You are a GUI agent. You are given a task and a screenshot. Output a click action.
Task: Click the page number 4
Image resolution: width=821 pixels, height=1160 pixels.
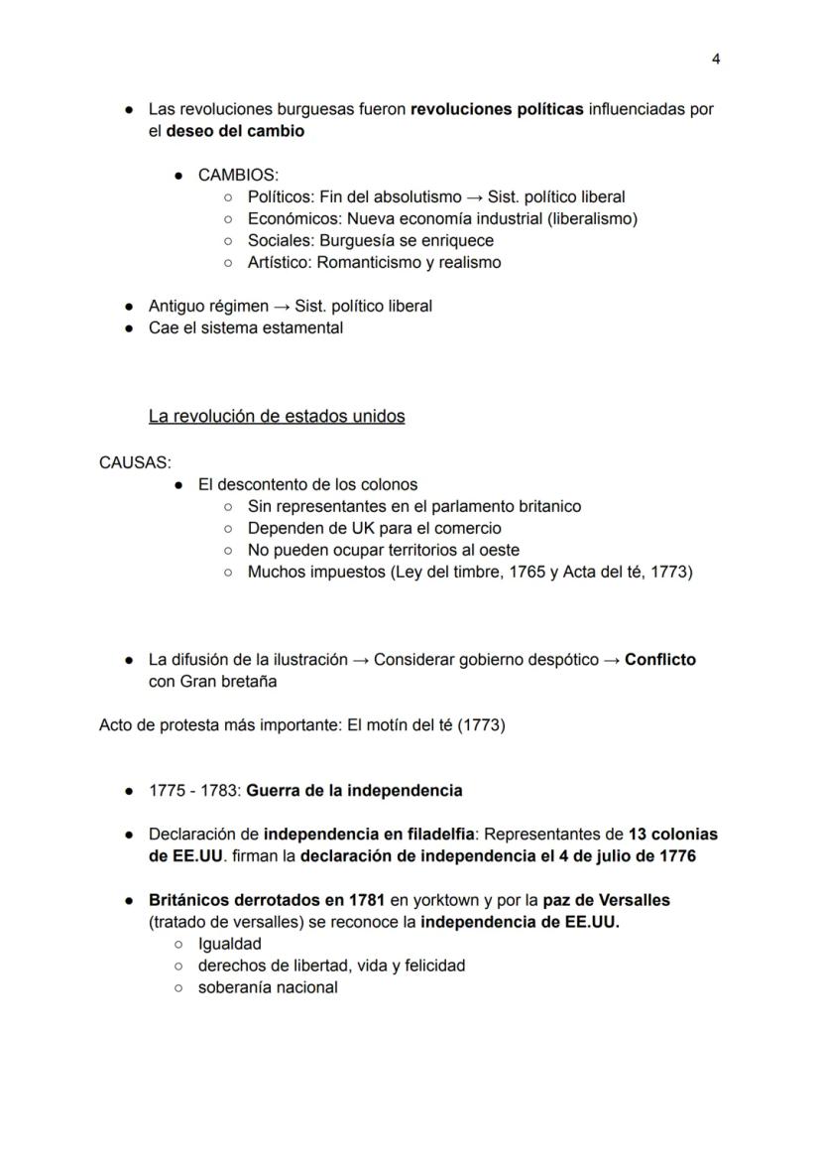[x=716, y=59]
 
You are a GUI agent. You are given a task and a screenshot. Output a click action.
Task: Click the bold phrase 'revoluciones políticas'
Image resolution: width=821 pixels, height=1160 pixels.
[x=497, y=109]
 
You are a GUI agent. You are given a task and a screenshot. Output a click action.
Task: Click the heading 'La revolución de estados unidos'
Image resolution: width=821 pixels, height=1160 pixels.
[x=277, y=416]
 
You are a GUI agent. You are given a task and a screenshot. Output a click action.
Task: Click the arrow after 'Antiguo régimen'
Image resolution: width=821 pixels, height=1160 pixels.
[x=282, y=307]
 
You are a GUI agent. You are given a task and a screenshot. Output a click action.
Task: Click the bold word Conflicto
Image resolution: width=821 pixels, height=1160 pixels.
[x=660, y=660]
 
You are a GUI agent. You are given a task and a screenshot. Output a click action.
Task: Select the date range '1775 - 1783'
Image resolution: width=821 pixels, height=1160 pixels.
[x=193, y=792]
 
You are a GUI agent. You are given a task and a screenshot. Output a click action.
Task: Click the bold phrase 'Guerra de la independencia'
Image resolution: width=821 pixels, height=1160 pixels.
[x=354, y=792]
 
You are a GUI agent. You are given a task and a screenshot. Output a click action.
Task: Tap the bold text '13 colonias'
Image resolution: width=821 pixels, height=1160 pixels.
[x=672, y=835]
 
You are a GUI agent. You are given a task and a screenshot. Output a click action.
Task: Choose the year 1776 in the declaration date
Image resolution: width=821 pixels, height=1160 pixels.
[x=675, y=856]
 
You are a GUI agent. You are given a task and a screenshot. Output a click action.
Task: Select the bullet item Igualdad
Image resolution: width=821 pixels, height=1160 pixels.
[x=229, y=945]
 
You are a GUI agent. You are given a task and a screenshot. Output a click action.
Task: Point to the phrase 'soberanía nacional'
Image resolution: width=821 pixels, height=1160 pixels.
[x=268, y=988]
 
